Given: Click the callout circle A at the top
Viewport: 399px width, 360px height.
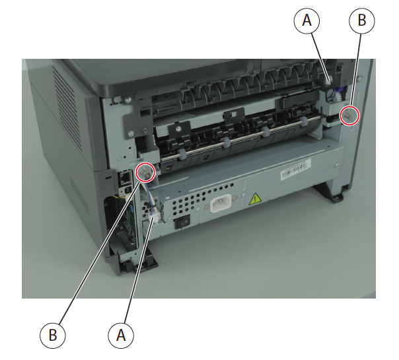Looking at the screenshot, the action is (x=307, y=20).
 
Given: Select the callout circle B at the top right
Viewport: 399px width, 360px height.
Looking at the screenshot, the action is (x=361, y=20).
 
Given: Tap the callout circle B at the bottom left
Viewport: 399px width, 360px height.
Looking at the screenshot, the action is (x=53, y=336).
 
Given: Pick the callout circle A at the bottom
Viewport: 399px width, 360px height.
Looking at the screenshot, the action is (x=121, y=336).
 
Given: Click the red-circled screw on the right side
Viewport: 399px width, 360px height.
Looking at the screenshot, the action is (x=349, y=116).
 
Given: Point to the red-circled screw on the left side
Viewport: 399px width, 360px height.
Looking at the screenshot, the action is (x=145, y=172).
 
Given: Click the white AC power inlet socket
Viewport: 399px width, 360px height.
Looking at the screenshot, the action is (x=221, y=203).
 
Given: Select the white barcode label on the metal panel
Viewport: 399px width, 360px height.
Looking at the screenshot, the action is (x=296, y=169).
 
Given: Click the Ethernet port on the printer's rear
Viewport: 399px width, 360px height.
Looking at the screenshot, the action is (x=126, y=178).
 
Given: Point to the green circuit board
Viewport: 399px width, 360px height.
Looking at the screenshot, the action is (x=129, y=224).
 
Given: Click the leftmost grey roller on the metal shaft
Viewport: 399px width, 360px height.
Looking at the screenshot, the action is (x=182, y=155).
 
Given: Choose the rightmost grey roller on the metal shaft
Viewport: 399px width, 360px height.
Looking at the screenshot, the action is (x=303, y=122).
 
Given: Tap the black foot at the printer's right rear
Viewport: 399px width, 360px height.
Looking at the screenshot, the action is (x=330, y=194).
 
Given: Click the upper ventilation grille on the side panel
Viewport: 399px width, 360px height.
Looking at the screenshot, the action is (x=67, y=104).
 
